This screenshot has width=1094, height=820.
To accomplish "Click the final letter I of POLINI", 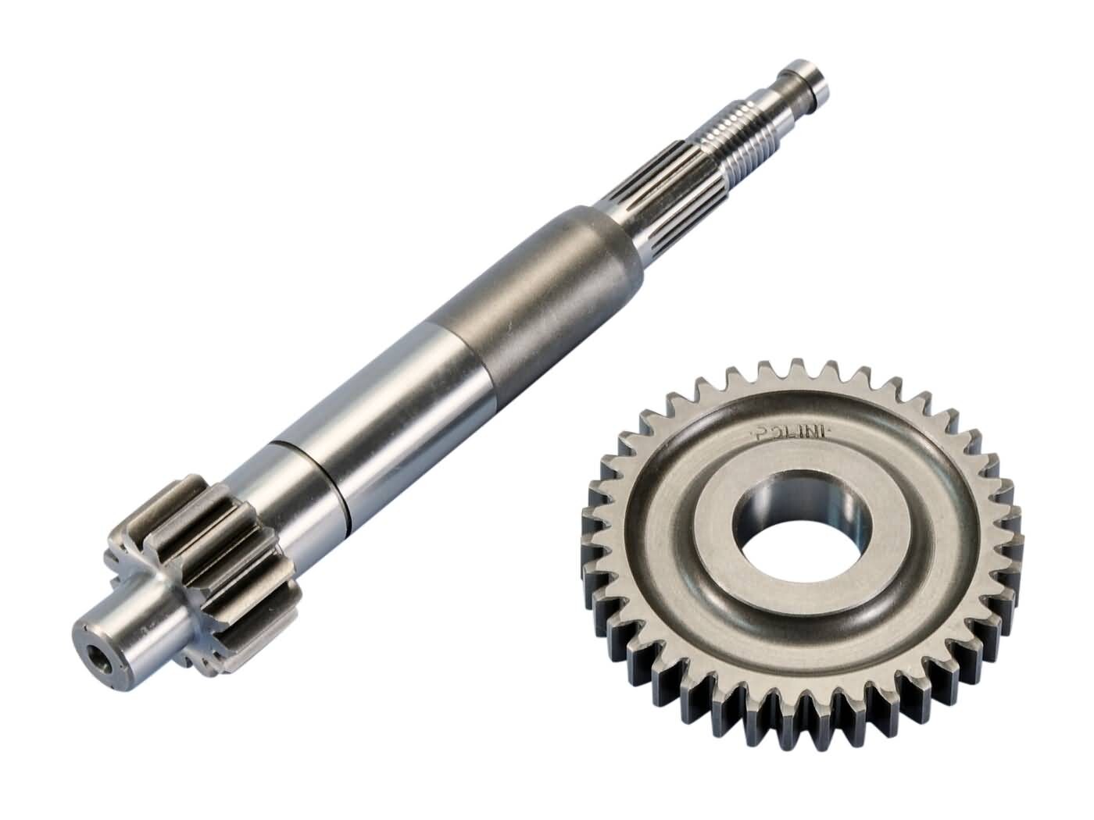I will (x=824, y=430).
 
